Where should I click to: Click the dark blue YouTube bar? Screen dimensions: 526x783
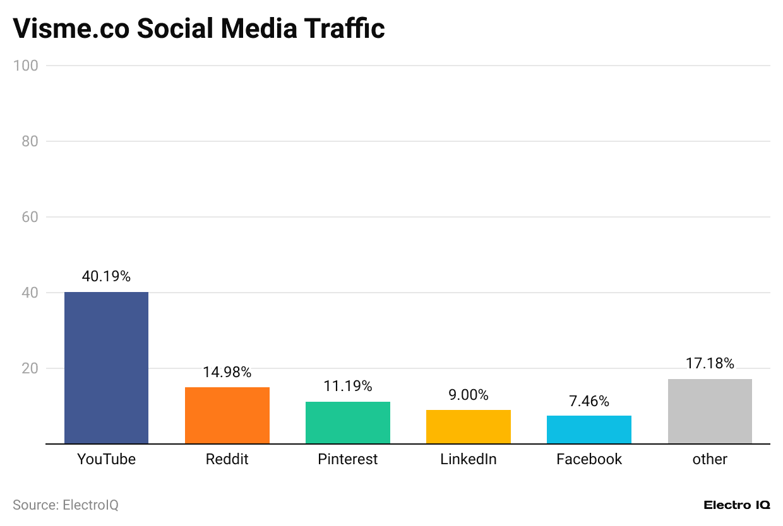tap(106, 368)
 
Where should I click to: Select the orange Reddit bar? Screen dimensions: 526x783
tap(227, 416)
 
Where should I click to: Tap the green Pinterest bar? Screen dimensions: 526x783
tap(347, 423)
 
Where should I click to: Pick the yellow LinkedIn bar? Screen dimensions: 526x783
tap(468, 427)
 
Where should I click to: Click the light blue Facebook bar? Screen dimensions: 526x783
tap(589, 430)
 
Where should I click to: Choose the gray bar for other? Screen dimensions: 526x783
tap(710, 411)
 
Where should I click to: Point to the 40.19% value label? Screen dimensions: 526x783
tap(106, 276)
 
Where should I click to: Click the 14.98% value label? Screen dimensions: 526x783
tap(227, 372)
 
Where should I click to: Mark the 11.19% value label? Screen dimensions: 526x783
tap(347, 386)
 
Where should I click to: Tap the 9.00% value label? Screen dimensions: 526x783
tap(468, 395)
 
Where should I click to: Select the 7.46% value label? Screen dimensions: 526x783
tap(589, 400)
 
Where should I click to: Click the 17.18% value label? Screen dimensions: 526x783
tap(710, 363)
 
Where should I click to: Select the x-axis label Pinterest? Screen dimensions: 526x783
tap(347, 459)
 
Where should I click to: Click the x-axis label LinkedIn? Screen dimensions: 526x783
tap(468, 459)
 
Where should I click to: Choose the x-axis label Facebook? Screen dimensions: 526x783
tap(589, 459)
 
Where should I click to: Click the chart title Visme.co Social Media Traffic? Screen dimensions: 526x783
tap(199, 28)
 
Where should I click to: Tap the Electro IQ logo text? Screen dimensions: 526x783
tap(736, 505)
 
